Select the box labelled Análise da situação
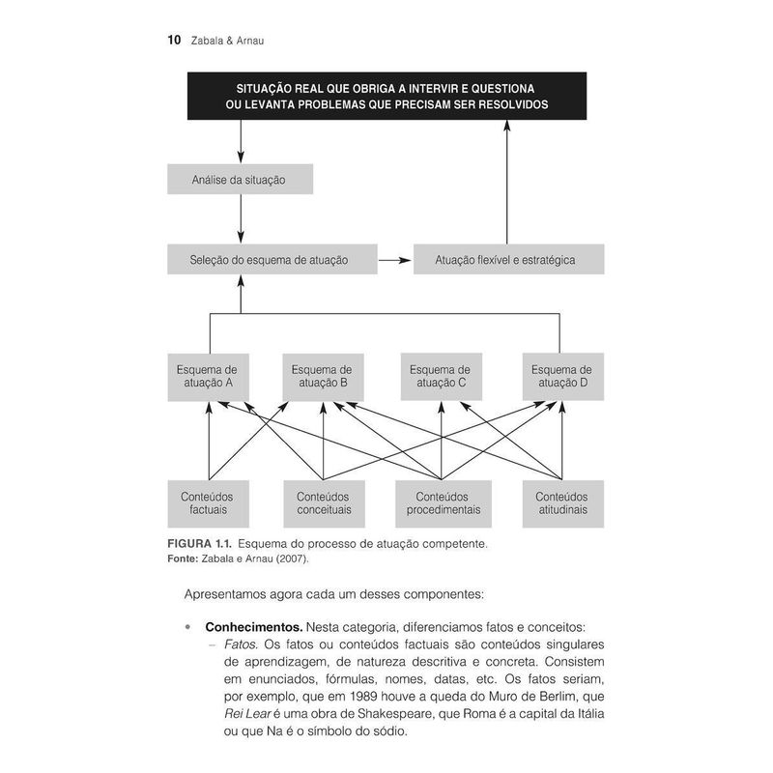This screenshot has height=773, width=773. [x=240, y=179]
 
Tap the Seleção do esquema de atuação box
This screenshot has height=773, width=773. [x=270, y=259]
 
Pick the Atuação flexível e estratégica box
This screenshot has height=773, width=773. [x=508, y=259]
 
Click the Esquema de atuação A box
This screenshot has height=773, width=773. [x=208, y=375]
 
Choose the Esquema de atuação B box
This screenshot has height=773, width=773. [x=322, y=375]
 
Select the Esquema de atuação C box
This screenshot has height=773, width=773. [x=441, y=375]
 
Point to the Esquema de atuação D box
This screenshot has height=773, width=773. [x=561, y=375]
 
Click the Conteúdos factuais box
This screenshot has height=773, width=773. [x=208, y=502]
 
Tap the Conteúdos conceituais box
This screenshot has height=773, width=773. [x=324, y=502]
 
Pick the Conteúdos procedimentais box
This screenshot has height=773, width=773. [x=443, y=502]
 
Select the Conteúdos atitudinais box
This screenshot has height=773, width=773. [x=561, y=502]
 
